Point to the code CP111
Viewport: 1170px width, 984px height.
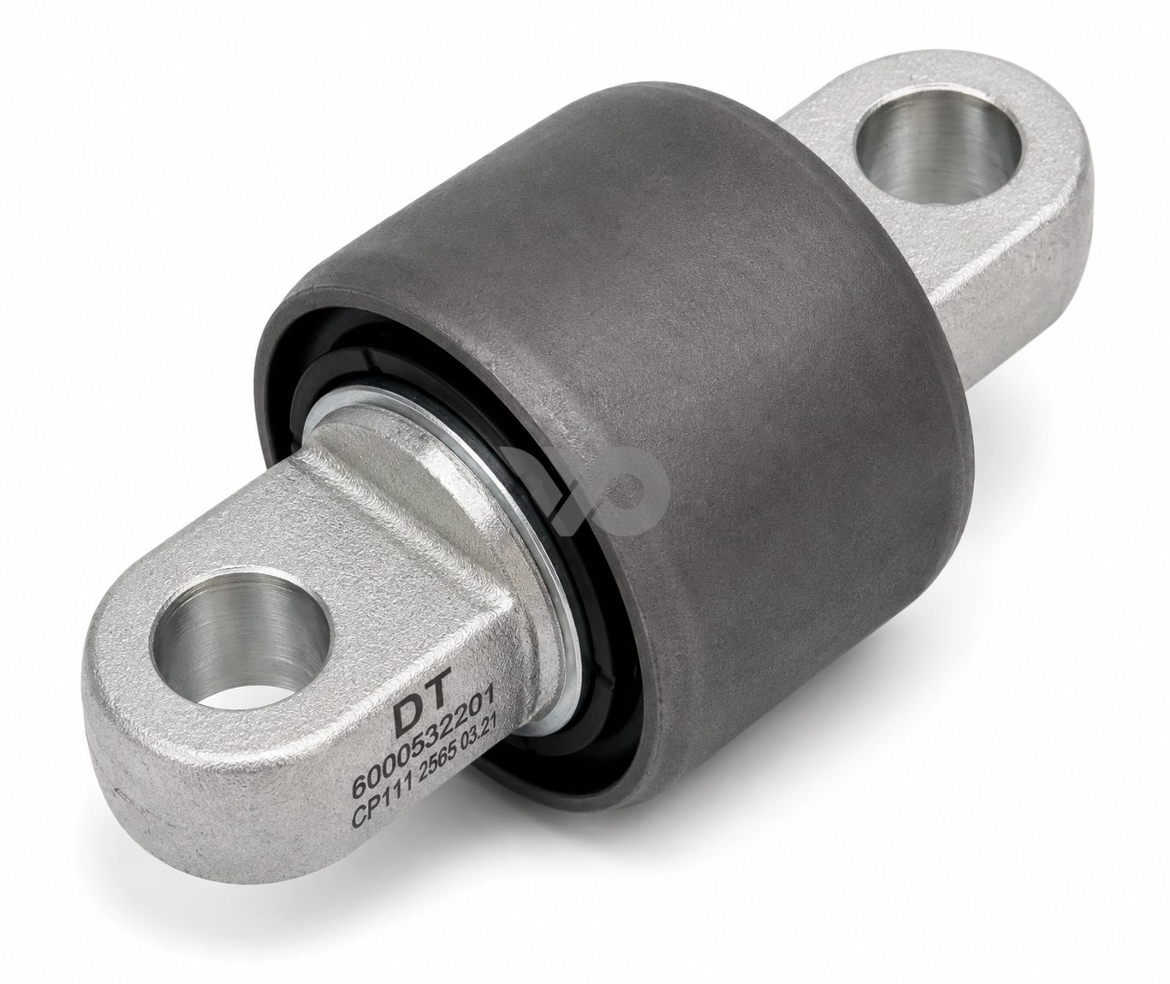point(378,811)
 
